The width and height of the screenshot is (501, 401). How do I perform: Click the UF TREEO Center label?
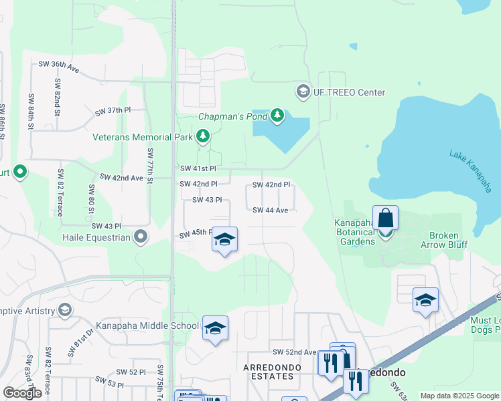point(349,92)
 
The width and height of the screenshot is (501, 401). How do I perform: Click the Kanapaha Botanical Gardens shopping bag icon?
point(385,219)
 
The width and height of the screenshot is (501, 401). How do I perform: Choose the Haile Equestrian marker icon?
point(141,237)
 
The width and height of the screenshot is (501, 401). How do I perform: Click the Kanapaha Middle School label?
point(138,325)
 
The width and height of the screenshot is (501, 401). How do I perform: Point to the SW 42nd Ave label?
point(122,178)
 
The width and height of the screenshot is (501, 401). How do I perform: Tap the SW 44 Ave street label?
point(270,210)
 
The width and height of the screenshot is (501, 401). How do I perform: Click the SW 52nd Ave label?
point(293,352)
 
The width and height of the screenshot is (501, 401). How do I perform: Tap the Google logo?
point(22,393)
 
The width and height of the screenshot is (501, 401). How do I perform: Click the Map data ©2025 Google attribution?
point(459,396)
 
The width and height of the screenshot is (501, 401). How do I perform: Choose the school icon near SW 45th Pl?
point(225,240)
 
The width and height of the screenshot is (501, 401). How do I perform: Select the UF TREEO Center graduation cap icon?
point(303,91)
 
